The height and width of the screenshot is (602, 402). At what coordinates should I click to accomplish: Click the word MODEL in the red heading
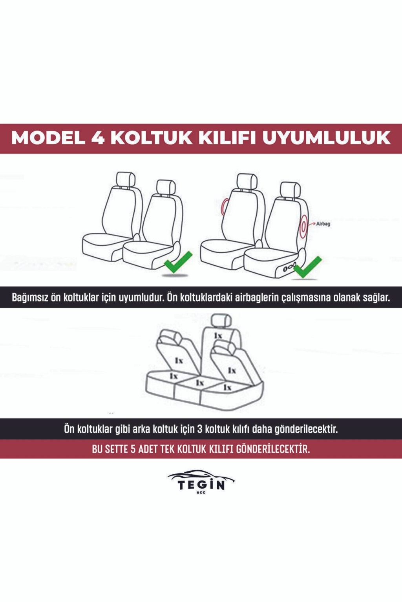[48, 138]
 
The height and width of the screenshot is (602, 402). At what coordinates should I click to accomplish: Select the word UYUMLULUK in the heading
[327, 138]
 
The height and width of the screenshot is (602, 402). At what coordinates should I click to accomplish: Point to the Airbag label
[323, 224]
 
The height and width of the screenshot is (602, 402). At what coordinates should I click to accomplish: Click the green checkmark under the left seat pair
[178, 262]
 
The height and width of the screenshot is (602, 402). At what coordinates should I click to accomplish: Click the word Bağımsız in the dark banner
[29, 297]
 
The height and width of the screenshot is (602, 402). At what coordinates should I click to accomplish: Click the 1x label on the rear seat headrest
[218, 335]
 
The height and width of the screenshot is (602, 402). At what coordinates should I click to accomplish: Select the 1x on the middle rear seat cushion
[199, 382]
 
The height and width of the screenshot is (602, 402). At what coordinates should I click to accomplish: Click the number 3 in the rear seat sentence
[200, 429]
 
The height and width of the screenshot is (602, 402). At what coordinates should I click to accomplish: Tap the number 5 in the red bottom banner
[133, 449]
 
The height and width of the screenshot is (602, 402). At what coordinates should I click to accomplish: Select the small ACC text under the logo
[201, 493]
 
